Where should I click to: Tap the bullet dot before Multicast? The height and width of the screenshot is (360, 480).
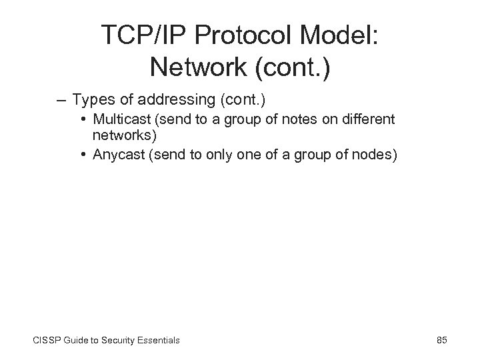85,120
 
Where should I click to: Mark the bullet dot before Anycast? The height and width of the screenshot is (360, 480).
85,155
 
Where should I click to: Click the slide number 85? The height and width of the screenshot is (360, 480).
441,340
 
